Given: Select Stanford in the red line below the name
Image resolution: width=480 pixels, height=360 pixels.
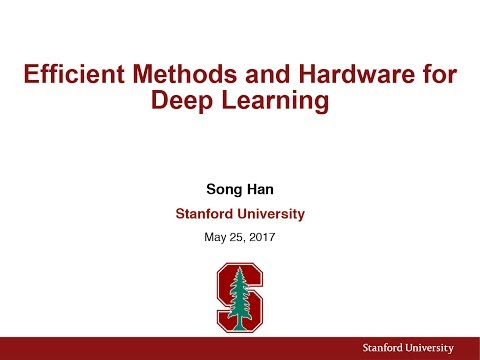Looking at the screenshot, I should tap(204, 213).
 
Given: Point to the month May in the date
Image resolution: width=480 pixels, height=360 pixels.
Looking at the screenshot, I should tap(214, 237).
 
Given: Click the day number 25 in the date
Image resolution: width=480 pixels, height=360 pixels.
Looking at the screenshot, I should tap(236, 237).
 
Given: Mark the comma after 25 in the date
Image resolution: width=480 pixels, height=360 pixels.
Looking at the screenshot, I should tap(245, 240).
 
